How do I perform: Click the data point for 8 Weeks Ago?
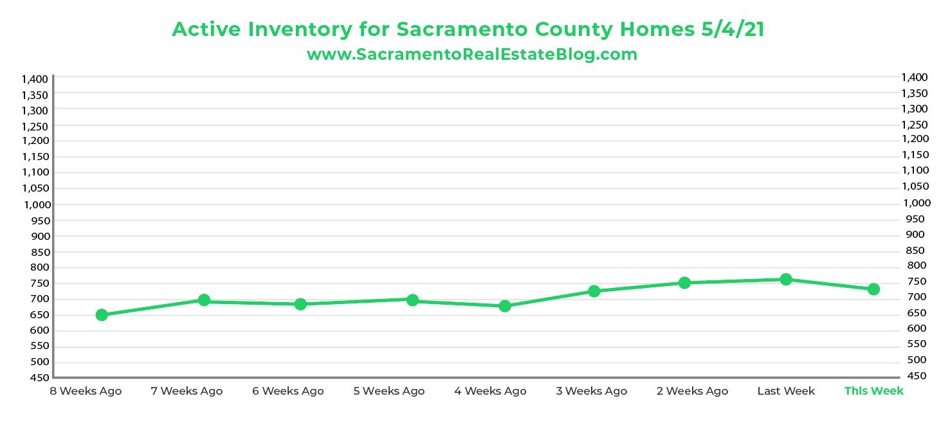point(102,315)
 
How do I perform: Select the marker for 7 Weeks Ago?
point(204,300)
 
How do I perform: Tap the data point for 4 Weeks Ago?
point(505,306)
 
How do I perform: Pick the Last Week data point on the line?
point(785,280)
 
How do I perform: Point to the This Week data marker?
point(873,289)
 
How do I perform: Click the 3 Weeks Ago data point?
point(594,291)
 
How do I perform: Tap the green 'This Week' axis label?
point(873,391)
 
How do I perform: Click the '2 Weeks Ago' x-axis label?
point(692,391)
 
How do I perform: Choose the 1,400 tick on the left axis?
point(35,79)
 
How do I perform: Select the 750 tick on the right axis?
point(915,282)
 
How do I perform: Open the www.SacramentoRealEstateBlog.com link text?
point(472,55)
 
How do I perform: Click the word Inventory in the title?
point(306,30)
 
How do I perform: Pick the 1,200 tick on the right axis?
point(915,139)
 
